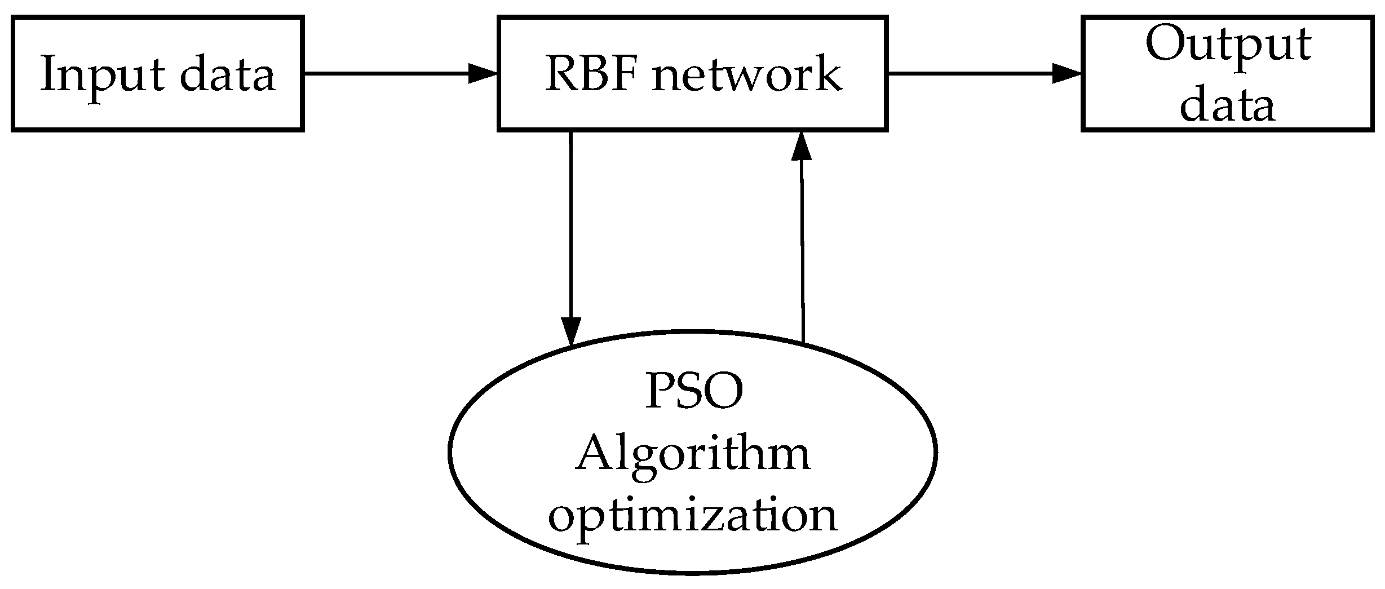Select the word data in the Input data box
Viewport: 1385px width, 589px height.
tap(228, 74)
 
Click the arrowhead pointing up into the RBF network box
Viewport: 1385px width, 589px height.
tap(800, 146)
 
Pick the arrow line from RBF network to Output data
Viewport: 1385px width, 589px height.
tap(970, 74)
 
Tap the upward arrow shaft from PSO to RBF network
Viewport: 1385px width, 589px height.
tap(802, 248)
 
